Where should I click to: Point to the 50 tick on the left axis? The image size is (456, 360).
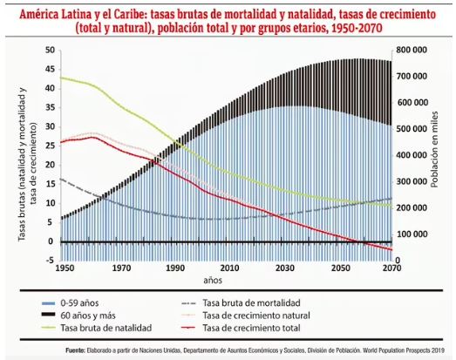coord(48,50)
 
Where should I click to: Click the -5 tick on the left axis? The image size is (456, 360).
coord(49,260)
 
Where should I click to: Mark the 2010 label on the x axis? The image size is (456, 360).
coord(229,268)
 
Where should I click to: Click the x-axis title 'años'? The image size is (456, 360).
coord(214,281)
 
